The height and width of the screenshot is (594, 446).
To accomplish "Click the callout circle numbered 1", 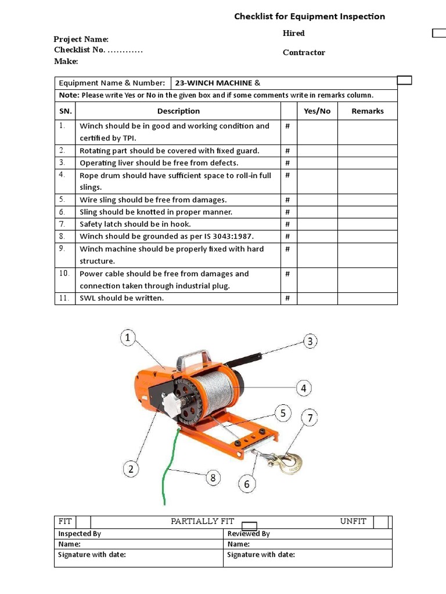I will [128, 338].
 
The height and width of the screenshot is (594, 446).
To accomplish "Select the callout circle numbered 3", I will [311, 341].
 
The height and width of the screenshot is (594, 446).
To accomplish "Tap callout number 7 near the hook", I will [310, 418].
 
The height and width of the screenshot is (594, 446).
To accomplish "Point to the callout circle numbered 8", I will [213, 479].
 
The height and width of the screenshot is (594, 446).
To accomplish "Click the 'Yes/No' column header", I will [317, 111].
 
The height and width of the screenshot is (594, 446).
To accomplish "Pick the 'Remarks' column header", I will [368, 111].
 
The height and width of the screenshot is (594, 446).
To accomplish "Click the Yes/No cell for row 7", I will [317, 224].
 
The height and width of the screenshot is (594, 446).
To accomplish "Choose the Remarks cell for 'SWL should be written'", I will [368, 298].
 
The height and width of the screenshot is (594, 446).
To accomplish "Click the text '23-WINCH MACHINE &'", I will [214, 83].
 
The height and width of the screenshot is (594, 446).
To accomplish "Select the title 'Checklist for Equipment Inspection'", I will [310, 16].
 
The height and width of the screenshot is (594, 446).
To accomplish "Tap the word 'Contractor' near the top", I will [304, 52].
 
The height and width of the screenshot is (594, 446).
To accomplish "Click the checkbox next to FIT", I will [84, 521].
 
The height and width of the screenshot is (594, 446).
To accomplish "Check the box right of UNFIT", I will [380, 521].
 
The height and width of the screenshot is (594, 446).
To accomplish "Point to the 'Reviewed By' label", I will [249, 534].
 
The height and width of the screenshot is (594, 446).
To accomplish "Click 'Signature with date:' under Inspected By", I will [92, 555].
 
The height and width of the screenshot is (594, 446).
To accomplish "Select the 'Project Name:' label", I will [81, 39].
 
